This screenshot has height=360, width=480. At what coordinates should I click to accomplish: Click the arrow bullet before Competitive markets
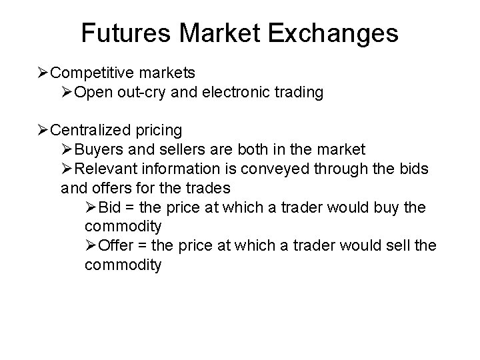pos(43,71)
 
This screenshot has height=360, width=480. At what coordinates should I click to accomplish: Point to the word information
pos(180,169)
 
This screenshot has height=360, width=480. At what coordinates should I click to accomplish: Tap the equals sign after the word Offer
pos(142,245)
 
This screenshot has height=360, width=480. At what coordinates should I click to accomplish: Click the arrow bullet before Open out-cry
pos(67,92)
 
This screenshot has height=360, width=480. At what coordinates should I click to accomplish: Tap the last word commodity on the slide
pos(123,265)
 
